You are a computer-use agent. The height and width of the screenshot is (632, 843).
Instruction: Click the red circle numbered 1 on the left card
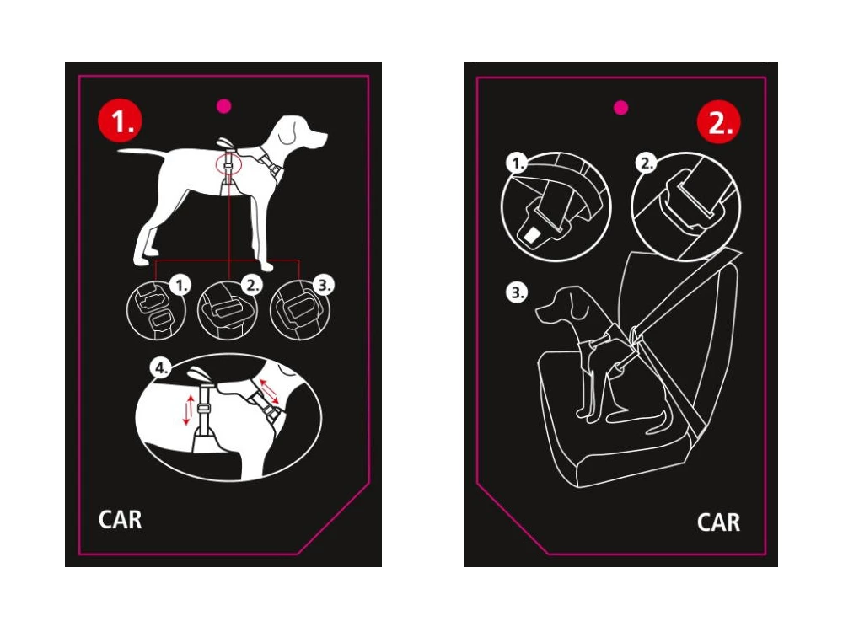coord(120,121)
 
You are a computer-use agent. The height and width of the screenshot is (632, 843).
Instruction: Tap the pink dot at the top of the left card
coord(224,106)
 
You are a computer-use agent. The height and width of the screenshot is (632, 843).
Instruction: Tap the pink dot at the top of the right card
coord(621,107)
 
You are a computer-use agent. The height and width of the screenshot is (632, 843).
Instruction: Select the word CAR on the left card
coord(121,519)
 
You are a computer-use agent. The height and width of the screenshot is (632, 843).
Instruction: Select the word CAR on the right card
coord(718,522)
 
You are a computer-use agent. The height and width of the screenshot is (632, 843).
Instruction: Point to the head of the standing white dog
coord(295,131)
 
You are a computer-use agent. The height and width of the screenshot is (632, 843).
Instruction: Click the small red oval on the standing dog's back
coord(227,163)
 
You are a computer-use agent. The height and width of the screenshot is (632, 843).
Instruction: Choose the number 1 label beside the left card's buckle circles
coord(179,287)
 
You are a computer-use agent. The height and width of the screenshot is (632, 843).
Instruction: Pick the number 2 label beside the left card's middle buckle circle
coord(250,287)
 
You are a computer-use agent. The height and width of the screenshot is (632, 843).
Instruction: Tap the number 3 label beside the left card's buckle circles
coord(323,287)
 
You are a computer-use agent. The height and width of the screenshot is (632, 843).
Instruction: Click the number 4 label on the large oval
coord(158,367)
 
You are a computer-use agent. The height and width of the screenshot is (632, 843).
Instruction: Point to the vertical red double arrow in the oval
coord(188,409)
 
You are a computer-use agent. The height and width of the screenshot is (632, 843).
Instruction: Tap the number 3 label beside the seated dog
coord(517,293)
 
